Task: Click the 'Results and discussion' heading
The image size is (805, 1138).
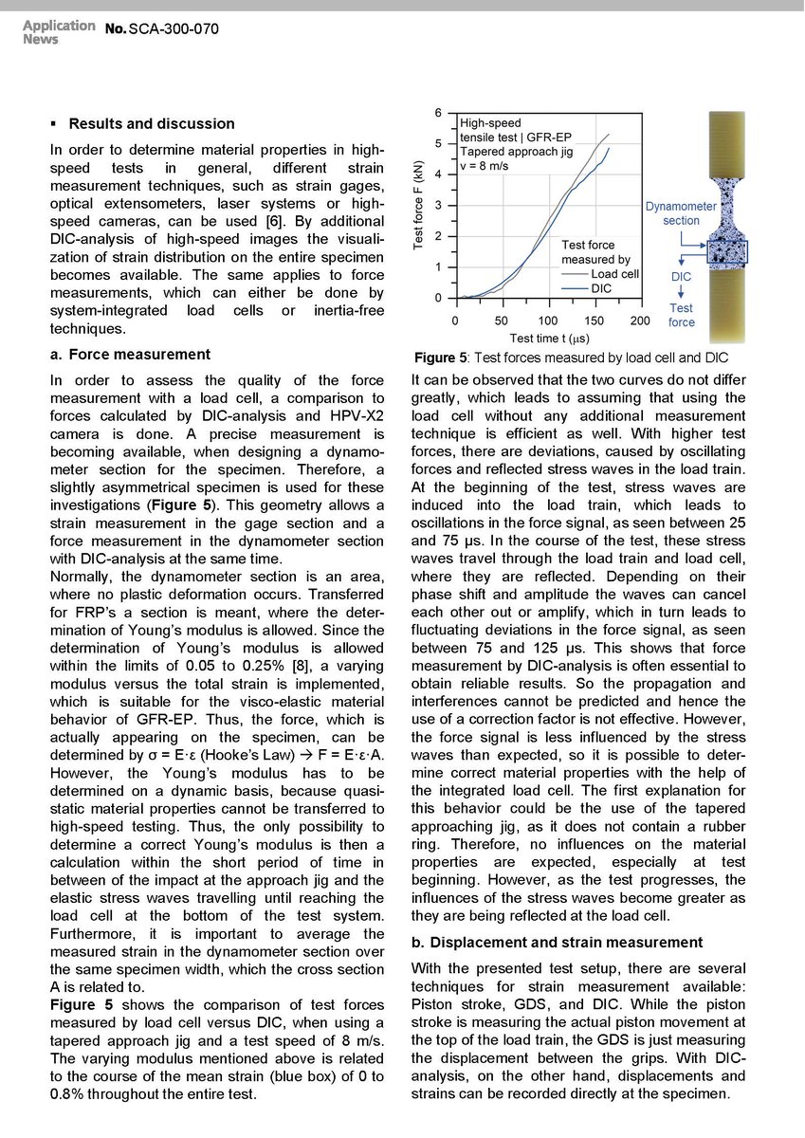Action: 152,123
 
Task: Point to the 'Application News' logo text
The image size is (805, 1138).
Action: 59,32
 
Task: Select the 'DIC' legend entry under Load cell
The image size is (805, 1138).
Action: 601,287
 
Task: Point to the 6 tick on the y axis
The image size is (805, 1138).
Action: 437,114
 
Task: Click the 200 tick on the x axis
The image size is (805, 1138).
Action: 640,321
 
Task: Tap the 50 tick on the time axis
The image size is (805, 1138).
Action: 502,321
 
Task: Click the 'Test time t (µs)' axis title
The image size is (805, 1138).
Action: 549,338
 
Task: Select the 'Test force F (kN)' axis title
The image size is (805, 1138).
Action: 418,206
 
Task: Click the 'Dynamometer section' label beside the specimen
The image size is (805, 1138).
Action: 681,213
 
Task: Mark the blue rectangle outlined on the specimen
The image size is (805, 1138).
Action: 727,251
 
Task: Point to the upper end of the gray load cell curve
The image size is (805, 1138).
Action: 609,134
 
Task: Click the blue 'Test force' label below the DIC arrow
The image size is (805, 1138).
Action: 681,315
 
